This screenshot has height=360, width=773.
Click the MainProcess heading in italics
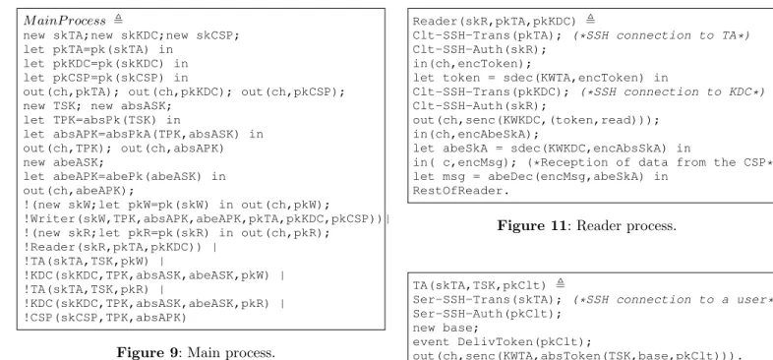(65, 21)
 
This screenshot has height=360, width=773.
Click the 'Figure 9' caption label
(147, 352)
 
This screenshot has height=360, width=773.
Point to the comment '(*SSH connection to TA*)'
(661, 35)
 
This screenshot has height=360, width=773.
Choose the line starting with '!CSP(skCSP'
(105, 318)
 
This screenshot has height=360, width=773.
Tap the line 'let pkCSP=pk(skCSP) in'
(105, 78)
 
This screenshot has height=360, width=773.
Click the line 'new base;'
(446, 328)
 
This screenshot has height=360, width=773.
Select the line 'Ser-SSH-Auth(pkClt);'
(487, 314)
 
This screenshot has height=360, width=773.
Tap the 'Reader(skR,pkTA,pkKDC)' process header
(495, 22)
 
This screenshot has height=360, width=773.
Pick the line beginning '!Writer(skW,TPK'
(204, 219)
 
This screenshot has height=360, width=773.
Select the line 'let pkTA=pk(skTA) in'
(98, 50)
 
